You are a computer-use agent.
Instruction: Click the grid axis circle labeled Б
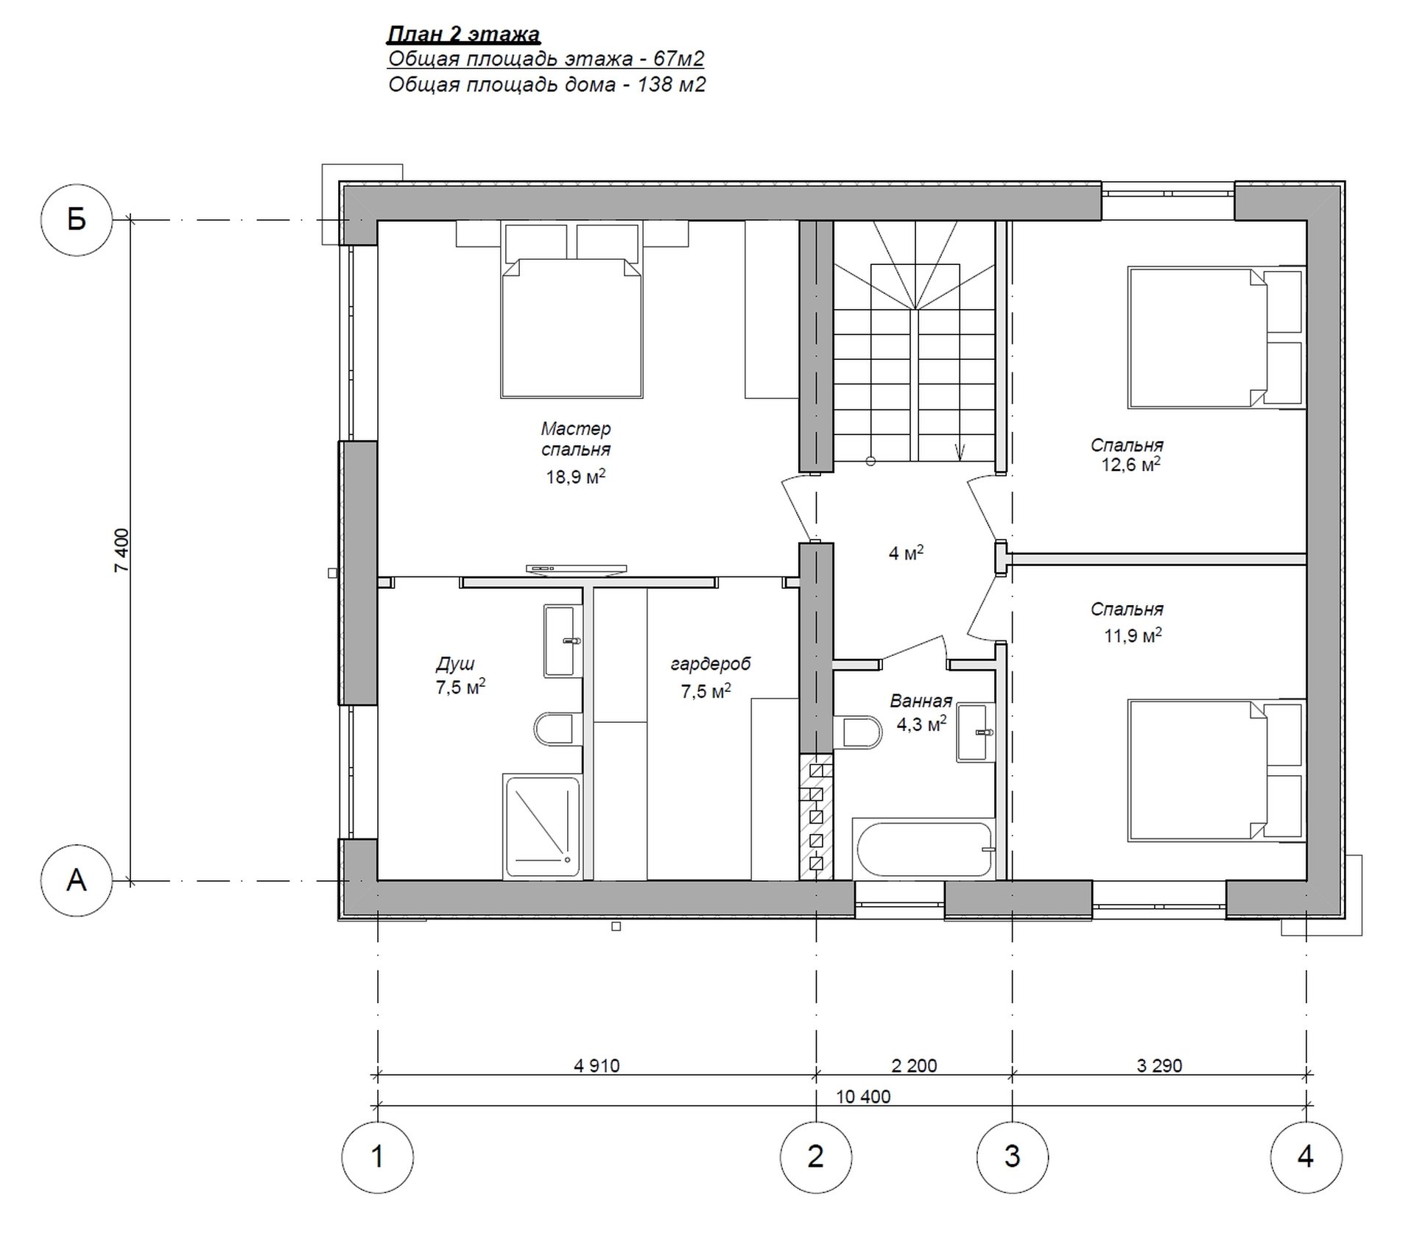pyautogui.click(x=77, y=219)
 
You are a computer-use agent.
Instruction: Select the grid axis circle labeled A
pyautogui.click(x=77, y=880)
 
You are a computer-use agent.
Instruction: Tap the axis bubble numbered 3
pyautogui.click(x=1013, y=1157)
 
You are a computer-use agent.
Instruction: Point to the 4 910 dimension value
pyautogui.click(x=597, y=1065)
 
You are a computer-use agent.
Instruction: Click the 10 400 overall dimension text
pyautogui.click(x=863, y=1097)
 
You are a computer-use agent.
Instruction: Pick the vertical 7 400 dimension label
pyautogui.click(x=122, y=550)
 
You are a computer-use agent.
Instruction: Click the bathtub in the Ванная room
pyautogui.click(x=924, y=849)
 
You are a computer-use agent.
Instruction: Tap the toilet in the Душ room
pyautogui.click(x=554, y=729)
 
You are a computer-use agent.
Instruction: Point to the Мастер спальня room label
pyautogui.click(x=576, y=439)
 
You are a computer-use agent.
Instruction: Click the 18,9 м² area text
pyautogui.click(x=576, y=476)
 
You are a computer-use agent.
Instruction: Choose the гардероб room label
pyautogui.click(x=711, y=664)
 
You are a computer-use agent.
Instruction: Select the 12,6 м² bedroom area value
pyautogui.click(x=1130, y=464)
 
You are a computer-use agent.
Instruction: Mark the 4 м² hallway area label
pyautogui.click(x=906, y=553)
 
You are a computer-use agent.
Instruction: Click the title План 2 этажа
pyautogui.click(x=464, y=34)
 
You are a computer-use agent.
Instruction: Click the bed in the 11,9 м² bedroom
pyautogui.click(x=1216, y=770)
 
